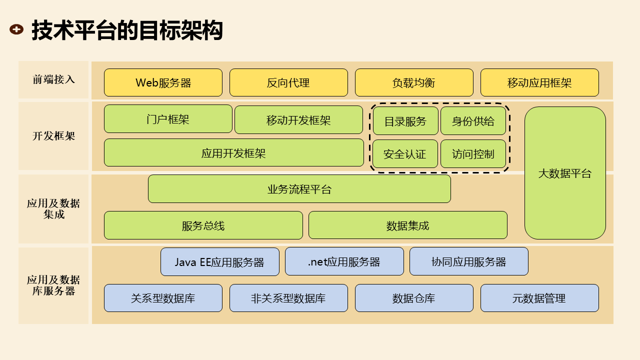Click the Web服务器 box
point(163,82)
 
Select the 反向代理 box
point(288,82)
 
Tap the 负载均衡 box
point(414,82)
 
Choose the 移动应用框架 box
point(539,82)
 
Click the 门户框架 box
point(168,119)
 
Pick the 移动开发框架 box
point(298,120)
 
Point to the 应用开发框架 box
point(233,153)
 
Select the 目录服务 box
point(405,121)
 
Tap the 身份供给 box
point(473,121)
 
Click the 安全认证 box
point(405,154)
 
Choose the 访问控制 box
point(473,154)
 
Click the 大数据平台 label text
point(565,173)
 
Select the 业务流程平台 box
point(299,189)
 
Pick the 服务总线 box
point(203,225)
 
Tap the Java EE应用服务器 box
point(219,262)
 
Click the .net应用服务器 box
point(344,261)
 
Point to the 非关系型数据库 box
point(288,298)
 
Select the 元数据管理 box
point(539,298)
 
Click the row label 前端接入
point(53,79)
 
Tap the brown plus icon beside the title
point(16,29)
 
